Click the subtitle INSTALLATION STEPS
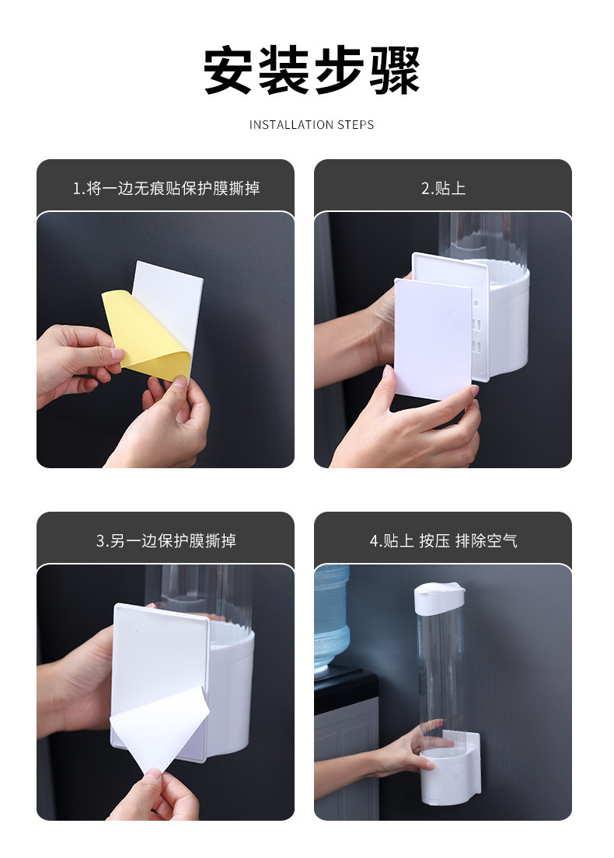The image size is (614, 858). click(x=312, y=125)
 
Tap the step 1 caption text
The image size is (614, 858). click(x=166, y=189)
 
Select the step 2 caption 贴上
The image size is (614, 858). click(x=443, y=189)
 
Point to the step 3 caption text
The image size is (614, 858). click(x=166, y=540)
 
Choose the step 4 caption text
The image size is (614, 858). click(x=443, y=540)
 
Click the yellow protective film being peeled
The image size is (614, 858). click(x=144, y=334)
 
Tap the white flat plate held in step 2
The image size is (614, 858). click(x=432, y=338)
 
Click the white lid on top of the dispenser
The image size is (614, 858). click(x=439, y=596)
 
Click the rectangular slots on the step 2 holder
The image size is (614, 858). click(x=478, y=334)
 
